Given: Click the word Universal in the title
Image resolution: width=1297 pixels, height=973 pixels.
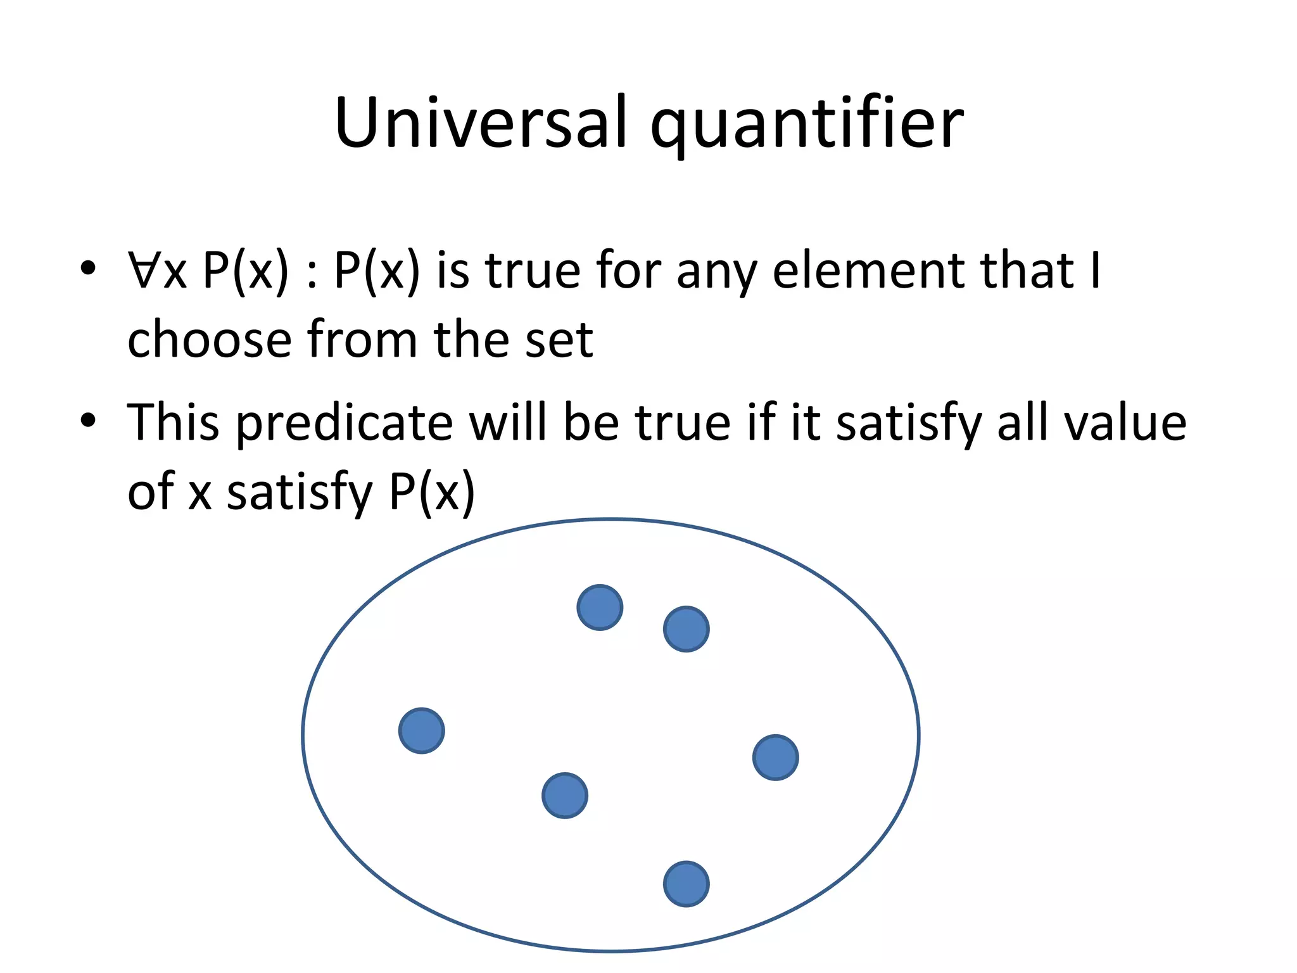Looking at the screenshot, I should tap(481, 123).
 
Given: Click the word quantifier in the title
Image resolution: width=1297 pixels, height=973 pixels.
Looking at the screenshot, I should tap(807, 123).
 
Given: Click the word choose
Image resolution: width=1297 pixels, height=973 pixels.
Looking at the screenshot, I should tap(209, 340).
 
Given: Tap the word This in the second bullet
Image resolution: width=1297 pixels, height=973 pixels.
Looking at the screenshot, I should tap(173, 423).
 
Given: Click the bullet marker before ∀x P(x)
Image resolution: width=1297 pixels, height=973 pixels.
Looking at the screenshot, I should tap(88, 269).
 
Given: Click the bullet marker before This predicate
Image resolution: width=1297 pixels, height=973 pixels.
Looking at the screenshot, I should tap(88, 421).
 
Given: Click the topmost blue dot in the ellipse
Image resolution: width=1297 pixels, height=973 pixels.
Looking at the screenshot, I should tap(600, 607).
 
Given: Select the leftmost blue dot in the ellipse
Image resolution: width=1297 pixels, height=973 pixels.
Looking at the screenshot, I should tap(422, 730).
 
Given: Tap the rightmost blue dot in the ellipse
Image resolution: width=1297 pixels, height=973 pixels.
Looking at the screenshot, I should tap(776, 757).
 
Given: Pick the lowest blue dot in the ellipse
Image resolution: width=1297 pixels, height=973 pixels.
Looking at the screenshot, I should tap(686, 884).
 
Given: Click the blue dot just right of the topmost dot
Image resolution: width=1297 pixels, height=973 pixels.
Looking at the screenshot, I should tap(686, 629).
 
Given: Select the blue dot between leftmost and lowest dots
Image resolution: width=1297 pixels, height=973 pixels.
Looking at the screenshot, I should tap(565, 796).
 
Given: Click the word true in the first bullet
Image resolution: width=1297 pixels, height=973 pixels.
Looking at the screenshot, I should tap(532, 271).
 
